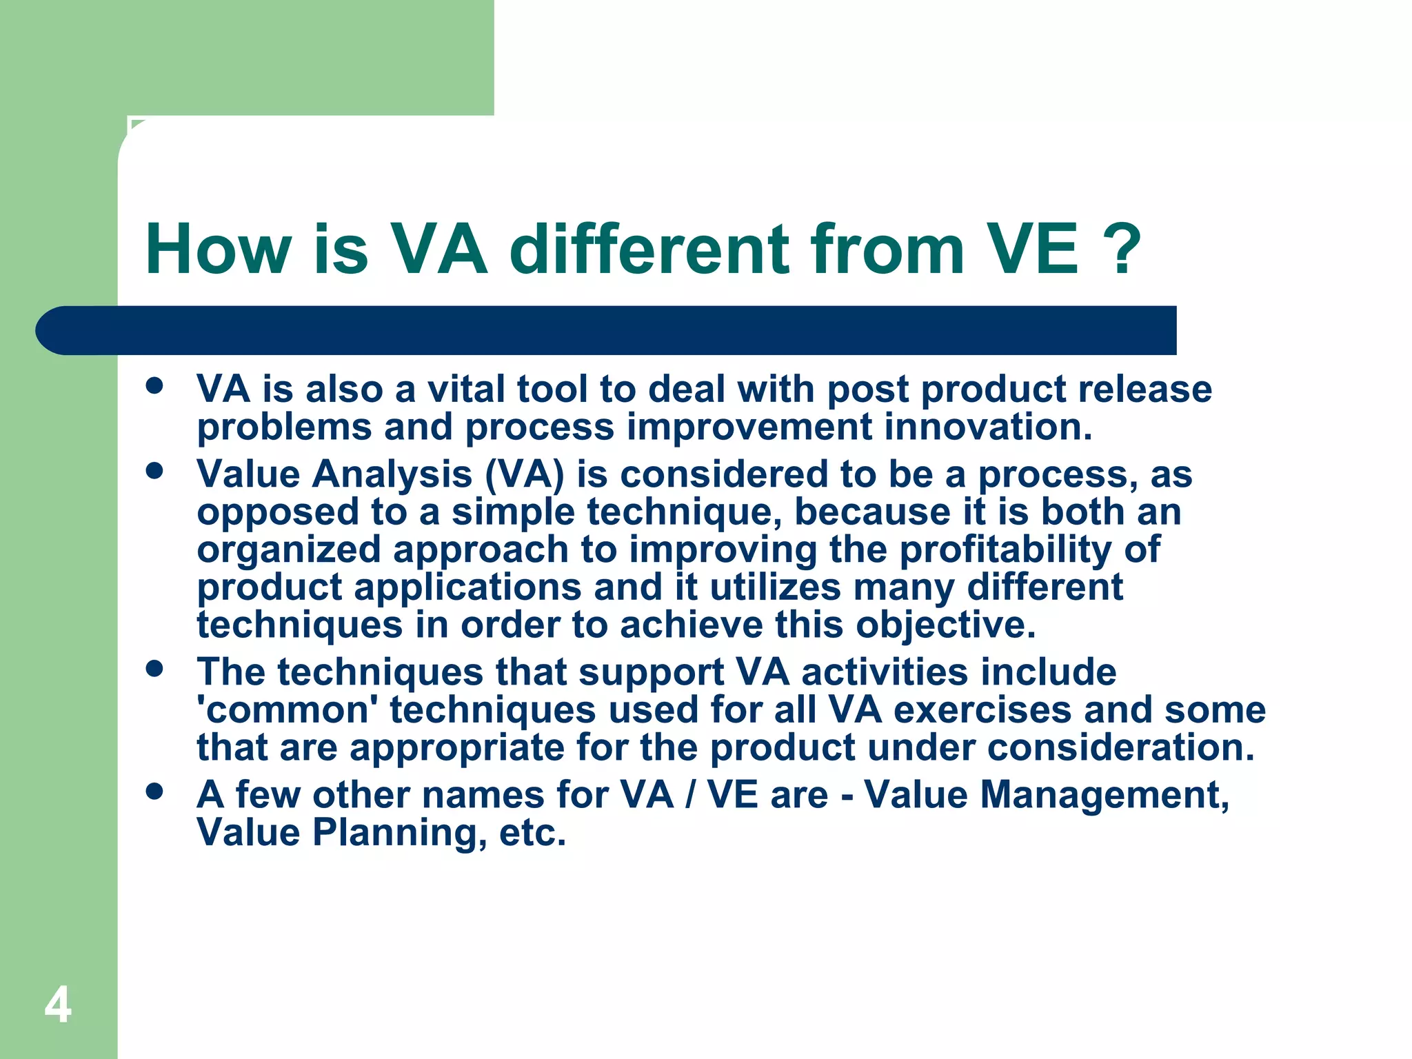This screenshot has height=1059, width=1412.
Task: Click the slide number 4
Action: [x=58, y=1005]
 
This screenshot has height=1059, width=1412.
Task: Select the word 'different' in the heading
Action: [x=648, y=250]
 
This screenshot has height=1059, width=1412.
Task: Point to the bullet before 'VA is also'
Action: [x=154, y=385]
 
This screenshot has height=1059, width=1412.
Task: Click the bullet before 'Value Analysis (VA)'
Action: [x=154, y=471]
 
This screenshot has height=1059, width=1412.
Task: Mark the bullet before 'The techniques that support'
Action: [x=154, y=668]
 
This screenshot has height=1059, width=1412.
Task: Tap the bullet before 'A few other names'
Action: [x=154, y=791]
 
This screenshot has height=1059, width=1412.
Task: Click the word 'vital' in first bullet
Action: [x=466, y=389]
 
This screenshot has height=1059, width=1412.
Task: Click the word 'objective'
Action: [x=945, y=625]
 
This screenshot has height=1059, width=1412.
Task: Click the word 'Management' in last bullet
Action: [x=1104, y=795]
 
